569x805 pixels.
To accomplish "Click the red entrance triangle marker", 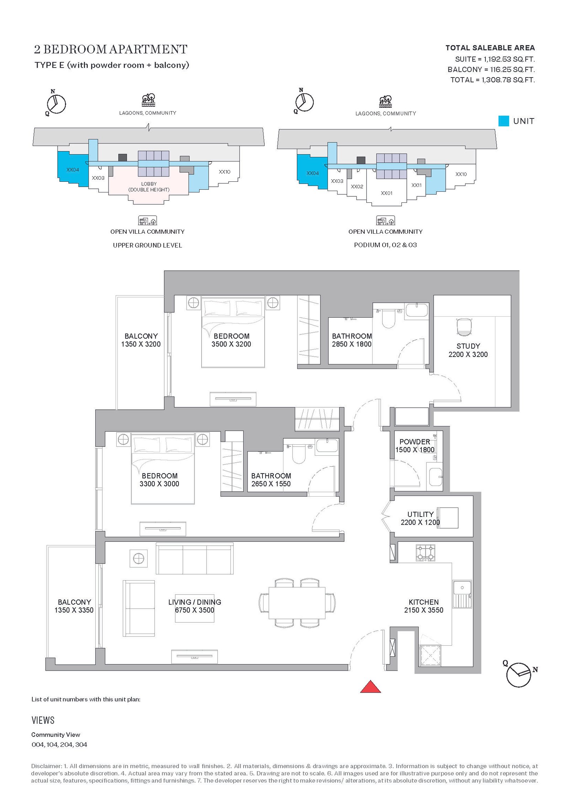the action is pos(371,687).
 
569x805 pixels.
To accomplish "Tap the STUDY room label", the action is pos(468,346).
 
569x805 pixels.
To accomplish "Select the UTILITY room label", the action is pos(420,514).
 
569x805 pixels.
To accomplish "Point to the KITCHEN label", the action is pos(424,602).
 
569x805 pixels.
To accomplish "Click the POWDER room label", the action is pos(415,442).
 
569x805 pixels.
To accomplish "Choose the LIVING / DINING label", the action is pos(195,602).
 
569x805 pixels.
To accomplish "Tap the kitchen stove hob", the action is pos(425,553).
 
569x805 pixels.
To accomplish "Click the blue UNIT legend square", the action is pos(504,121).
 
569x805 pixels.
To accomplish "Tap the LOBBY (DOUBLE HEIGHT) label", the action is pos(149,187).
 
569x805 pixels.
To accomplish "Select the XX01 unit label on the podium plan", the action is pos(387,193).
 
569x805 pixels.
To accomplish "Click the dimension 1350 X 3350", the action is pos(74,610).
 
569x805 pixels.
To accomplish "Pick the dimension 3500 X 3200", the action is pos(231,344).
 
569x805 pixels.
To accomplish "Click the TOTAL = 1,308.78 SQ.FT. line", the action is pos(493,80).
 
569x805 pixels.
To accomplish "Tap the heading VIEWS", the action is pos(43,720).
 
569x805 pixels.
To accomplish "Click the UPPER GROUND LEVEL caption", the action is pos(148,245).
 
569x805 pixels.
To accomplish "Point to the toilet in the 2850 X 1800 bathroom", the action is pos(388,318).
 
